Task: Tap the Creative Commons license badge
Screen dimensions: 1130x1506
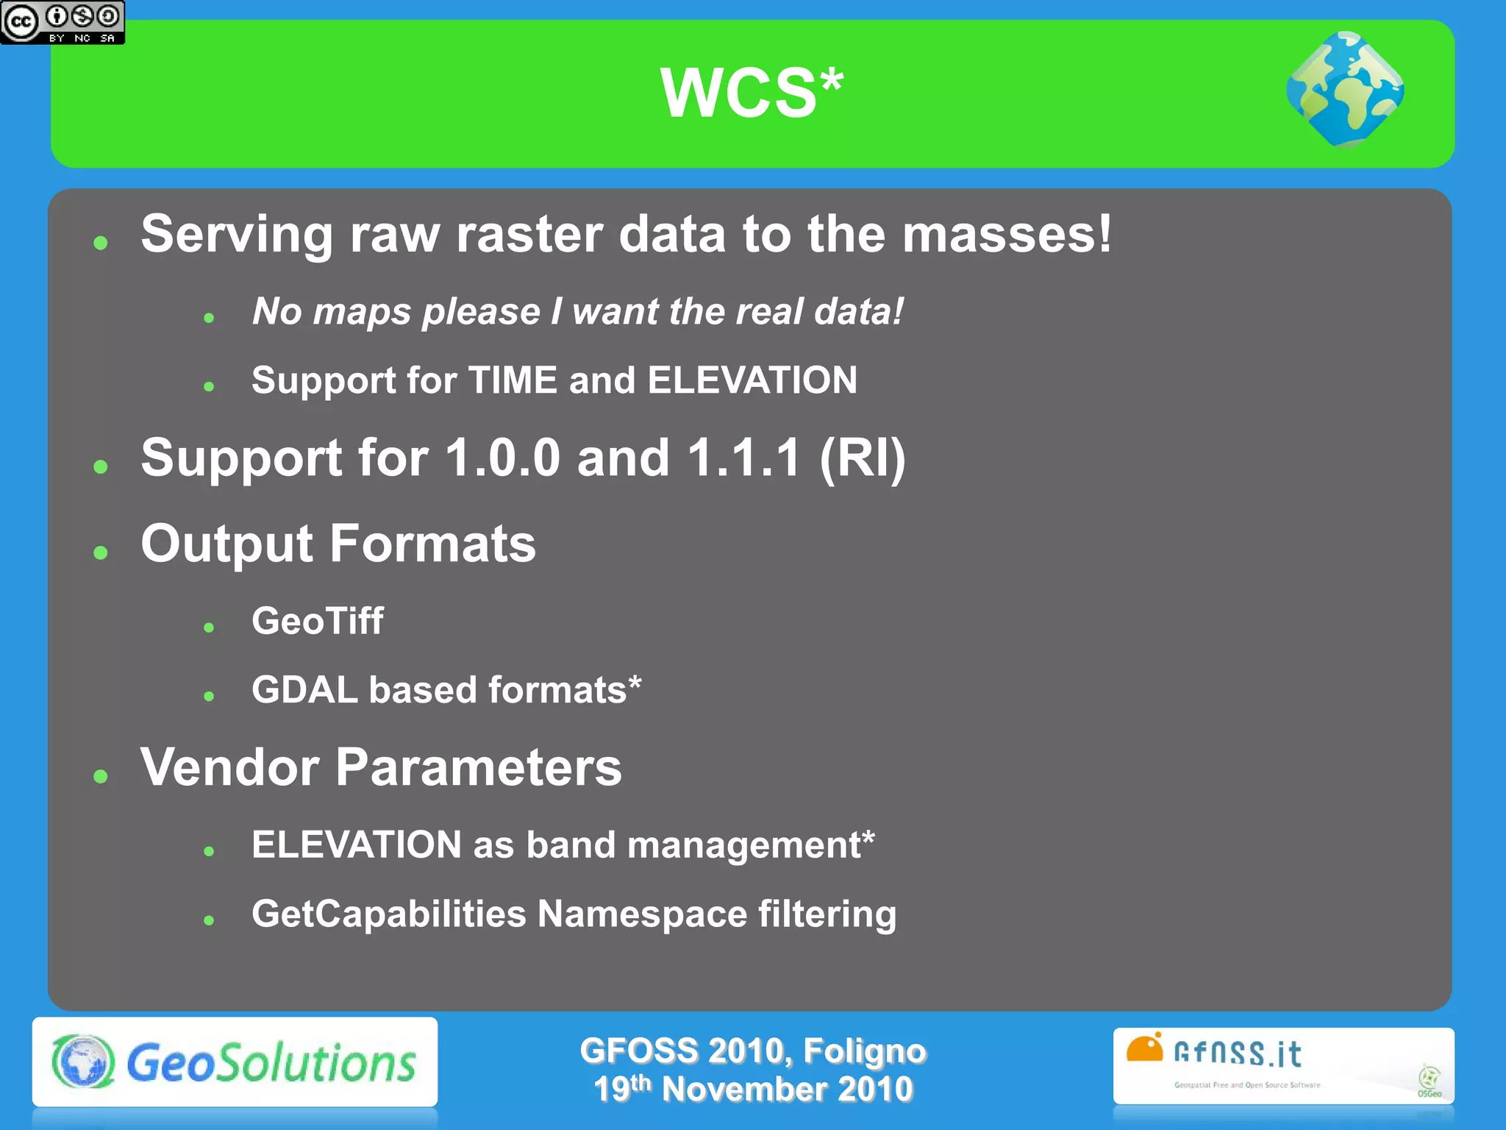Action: (x=63, y=22)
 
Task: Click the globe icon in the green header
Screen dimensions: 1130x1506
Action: (x=1345, y=90)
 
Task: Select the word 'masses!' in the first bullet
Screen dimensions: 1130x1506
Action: (x=1007, y=235)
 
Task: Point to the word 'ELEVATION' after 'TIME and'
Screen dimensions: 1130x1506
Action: (x=752, y=380)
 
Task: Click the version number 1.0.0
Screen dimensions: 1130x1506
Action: (x=503, y=458)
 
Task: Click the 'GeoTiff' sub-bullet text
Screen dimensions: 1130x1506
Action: (x=317, y=620)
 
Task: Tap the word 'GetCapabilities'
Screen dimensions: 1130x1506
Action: (x=389, y=914)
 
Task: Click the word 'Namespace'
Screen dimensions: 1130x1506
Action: (x=642, y=914)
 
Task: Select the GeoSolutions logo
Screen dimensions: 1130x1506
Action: (x=235, y=1062)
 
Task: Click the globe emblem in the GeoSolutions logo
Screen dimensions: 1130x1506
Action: (x=83, y=1062)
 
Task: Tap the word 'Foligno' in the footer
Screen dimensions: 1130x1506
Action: (x=864, y=1051)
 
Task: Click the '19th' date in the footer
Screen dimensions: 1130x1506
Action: (x=622, y=1089)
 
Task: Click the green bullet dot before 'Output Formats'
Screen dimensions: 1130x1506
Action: (x=101, y=552)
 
